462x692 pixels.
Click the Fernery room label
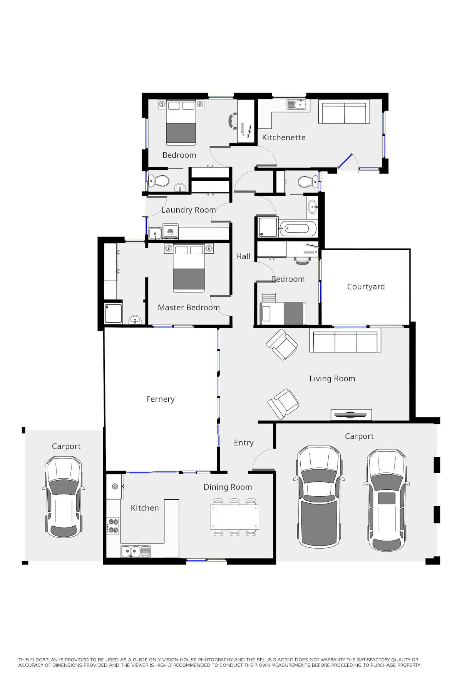[160, 399]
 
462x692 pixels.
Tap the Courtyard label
[366, 287]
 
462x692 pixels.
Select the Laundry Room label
[189, 210]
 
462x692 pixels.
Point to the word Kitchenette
[284, 137]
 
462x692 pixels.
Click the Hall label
[243, 256]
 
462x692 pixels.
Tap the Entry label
[244, 443]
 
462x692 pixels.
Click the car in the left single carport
[63, 497]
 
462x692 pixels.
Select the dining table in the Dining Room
[234, 517]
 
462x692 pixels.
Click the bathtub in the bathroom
[298, 229]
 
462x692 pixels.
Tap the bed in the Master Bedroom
[189, 268]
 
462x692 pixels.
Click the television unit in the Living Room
[351, 415]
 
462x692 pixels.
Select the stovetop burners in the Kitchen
[113, 526]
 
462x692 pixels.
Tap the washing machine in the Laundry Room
[171, 231]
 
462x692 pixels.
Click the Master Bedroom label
[189, 308]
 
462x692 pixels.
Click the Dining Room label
[228, 487]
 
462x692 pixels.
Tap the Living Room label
[332, 379]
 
